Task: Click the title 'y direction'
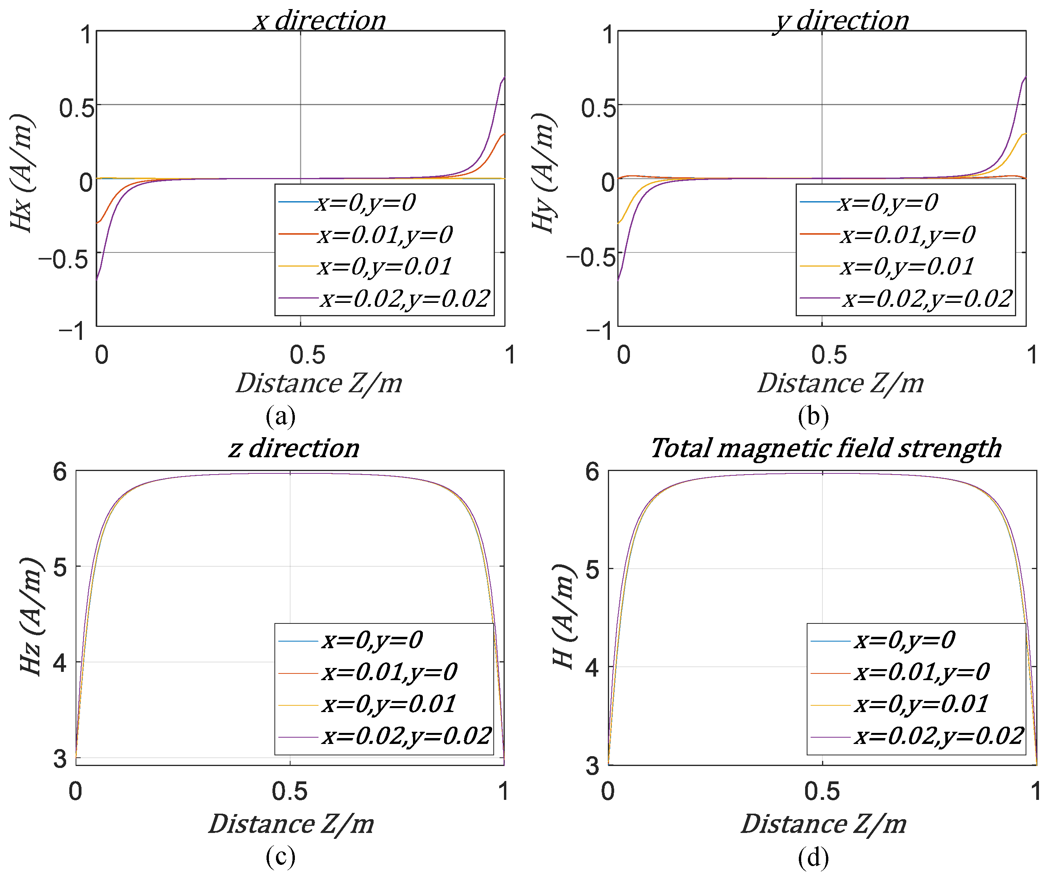(x=841, y=20)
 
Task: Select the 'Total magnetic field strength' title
(x=826, y=448)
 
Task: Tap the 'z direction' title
(x=294, y=448)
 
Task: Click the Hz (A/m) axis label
(x=31, y=616)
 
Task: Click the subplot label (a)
(x=280, y=416)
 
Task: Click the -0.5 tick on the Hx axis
(x=63, y=260)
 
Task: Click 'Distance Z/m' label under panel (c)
(x=291, y=824)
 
